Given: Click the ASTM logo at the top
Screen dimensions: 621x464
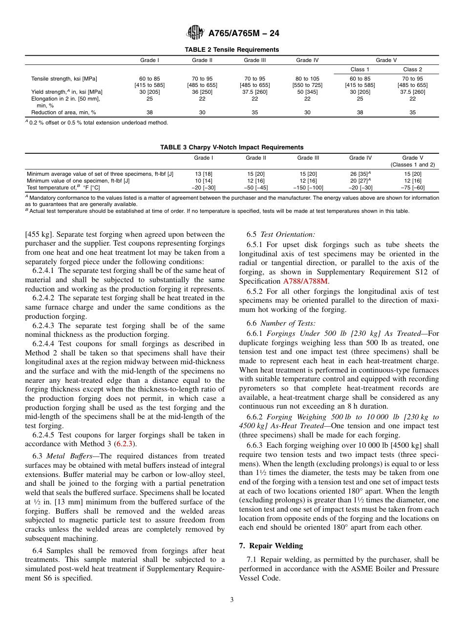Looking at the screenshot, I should coord(195,33).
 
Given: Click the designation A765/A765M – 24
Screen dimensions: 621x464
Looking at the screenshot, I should coord(244,34).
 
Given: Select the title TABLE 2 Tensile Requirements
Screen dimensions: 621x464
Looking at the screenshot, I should coord(232,50).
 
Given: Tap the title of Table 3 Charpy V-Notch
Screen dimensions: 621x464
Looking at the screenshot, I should coord(232,147).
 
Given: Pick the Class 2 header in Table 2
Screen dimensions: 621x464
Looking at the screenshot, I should coord(412,70).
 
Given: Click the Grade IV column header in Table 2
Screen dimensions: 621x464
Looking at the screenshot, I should coord(307,61).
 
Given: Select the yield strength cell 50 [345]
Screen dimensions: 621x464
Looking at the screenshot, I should coord(307,92).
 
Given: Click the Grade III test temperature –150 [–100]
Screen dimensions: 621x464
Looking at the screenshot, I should coord(308,187).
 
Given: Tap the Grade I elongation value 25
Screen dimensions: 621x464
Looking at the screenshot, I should coord(149,99).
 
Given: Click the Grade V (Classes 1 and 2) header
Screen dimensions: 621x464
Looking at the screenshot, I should coord(412,161).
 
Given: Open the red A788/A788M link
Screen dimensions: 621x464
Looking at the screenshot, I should coord(306,281).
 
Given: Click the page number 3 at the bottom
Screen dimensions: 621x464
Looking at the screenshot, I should coord(232,600).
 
